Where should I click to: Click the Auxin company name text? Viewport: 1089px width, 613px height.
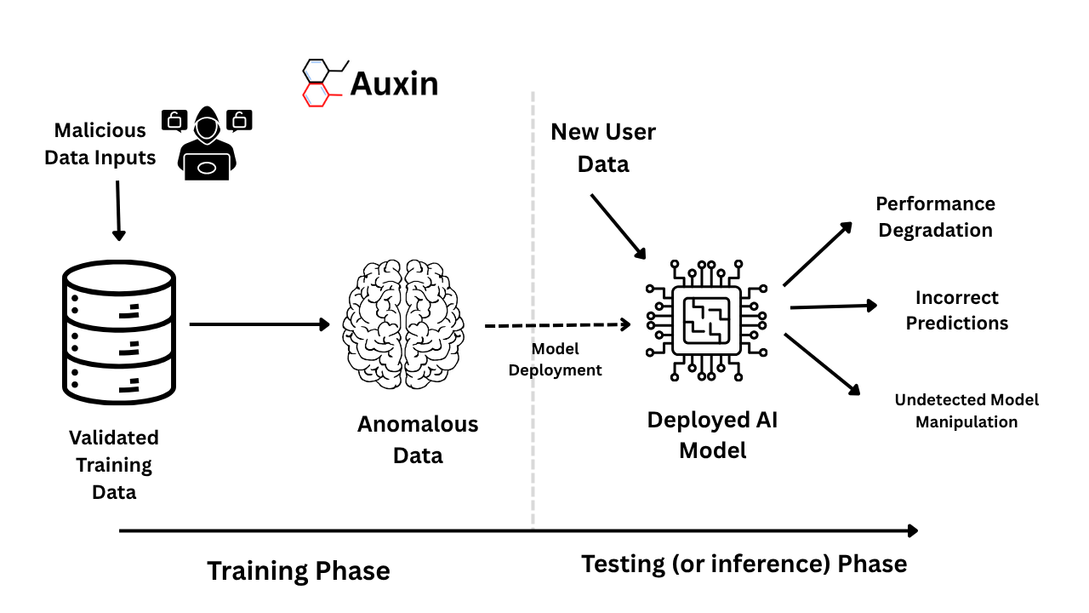(x=394, y=84)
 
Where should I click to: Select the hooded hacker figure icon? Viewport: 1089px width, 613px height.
(x=206, y=143)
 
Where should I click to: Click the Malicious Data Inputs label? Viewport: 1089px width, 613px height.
(x=100, y=144)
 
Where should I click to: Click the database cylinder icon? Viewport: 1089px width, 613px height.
(x=119, y=333)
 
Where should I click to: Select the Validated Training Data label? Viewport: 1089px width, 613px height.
(x=114, y=465)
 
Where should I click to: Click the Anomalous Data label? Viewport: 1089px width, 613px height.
(x=418, y=439)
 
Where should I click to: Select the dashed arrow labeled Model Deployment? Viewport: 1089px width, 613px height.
(x=557, y=324)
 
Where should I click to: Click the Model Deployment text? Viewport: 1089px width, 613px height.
(x=555, y=360)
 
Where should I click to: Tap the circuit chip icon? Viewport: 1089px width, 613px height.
(x=706, y=320)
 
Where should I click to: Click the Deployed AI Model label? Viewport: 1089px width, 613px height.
(x=713, y=434)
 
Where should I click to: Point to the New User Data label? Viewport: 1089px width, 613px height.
(x=603, y=147)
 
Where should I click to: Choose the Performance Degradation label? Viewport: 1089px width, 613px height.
(x=935, y=217)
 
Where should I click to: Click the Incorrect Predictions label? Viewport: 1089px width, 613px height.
(x=956, y=311)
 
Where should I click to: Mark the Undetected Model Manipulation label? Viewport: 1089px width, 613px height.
(x=966, y=410)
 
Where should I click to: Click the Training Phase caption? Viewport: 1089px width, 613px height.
(x=299, y=570)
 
